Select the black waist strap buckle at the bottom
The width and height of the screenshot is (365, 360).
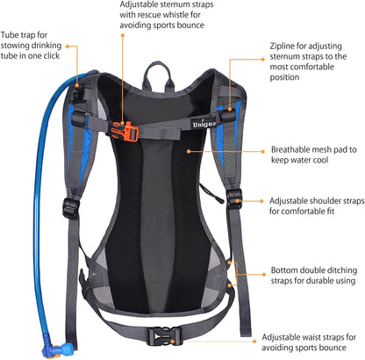tap(163, 335)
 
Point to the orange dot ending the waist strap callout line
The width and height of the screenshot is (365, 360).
tap(255, 337)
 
